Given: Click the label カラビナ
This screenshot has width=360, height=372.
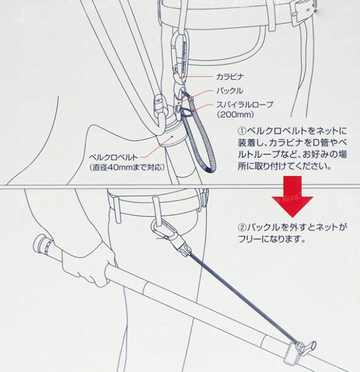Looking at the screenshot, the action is [230, 77].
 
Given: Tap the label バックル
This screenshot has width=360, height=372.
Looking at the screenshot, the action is [230, 91].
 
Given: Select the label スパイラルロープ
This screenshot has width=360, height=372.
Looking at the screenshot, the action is [245, 105].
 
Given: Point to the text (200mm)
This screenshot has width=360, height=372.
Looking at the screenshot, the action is [235, 115].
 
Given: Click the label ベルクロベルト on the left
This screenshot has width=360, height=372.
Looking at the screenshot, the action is [113, 157].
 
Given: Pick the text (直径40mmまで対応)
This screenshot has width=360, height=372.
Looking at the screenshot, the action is [127, 167].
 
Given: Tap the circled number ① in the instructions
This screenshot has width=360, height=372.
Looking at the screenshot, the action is [242, 131].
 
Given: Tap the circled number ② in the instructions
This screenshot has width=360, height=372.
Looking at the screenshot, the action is [242, 228].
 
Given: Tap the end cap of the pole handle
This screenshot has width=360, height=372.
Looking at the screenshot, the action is [39, 243].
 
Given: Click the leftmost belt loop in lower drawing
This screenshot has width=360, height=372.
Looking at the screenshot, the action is [117, 210].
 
